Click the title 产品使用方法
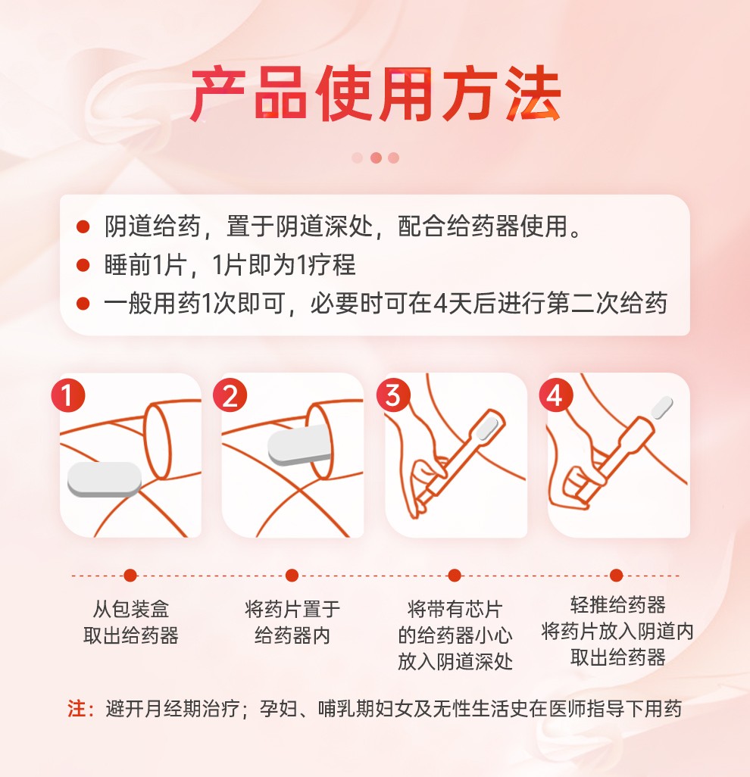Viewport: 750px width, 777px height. (x=375, y=96)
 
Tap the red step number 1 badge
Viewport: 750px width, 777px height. (x=68, y=395)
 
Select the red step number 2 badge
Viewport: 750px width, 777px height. (x=230, y=395)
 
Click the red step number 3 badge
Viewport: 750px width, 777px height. (x=393, y=395)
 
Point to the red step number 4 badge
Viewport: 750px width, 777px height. (x=555, y=395)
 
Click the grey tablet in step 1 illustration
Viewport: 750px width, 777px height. (x=104, y=479)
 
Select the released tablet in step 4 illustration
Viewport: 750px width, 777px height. (x=661, y=408)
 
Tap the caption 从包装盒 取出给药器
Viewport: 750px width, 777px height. (x=130, y=622)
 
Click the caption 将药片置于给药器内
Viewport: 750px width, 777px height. (x=292, y=622)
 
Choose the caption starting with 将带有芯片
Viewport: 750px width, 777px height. (x=455, y=635)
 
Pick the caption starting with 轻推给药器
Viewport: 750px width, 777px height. (x=617, y=631)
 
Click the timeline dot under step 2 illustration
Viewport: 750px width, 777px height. (x=292, y=576)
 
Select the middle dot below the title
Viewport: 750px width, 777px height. (x=375, y=158)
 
